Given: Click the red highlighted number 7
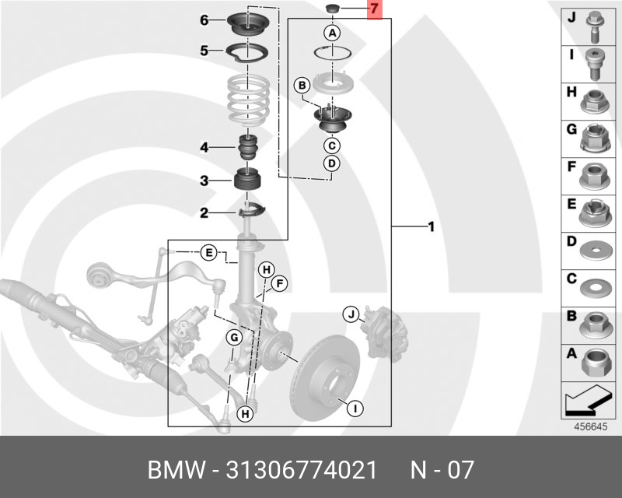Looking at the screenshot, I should (x=374, y=11).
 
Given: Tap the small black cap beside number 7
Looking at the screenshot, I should (x=332, y=9).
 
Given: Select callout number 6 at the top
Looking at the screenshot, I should (x=204, y=20).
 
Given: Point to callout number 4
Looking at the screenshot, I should (x=204, y=147).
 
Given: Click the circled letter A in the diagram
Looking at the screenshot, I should (x=332, y=33).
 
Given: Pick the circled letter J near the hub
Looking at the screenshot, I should (x=351, y=314).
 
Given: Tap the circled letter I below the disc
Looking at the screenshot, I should (x=354, y=407).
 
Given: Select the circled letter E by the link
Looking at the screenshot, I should (x=208, y=252).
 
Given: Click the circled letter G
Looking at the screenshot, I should (x=233, y=337).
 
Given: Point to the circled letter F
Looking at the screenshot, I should (x=279, y=284).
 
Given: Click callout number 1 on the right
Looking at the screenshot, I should (x=430, y=227).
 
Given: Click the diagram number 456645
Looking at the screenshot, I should (x=591, y=426).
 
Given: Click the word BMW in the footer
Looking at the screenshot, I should (x=173, y=470).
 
